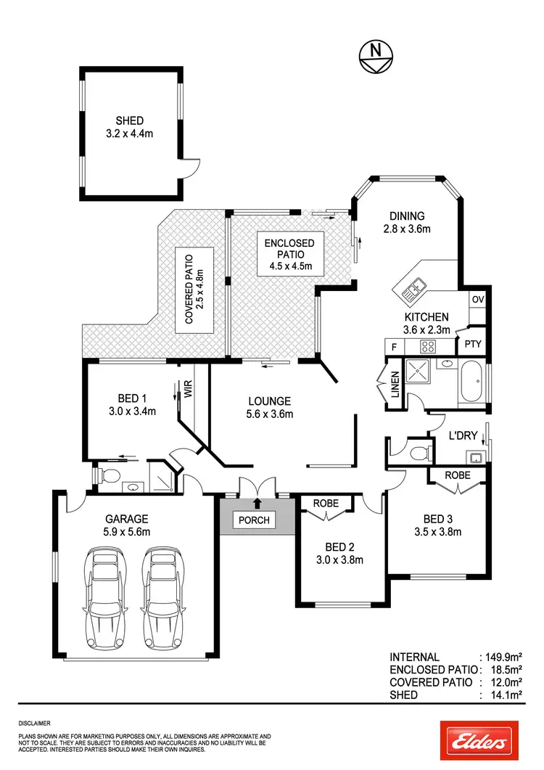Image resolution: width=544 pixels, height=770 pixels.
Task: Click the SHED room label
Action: pos(130,120)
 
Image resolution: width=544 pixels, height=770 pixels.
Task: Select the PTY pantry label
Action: pos(473,344)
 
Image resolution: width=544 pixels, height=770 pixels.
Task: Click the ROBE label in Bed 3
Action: pos(457,475)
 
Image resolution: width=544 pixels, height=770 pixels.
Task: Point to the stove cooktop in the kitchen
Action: pos(428,346)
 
